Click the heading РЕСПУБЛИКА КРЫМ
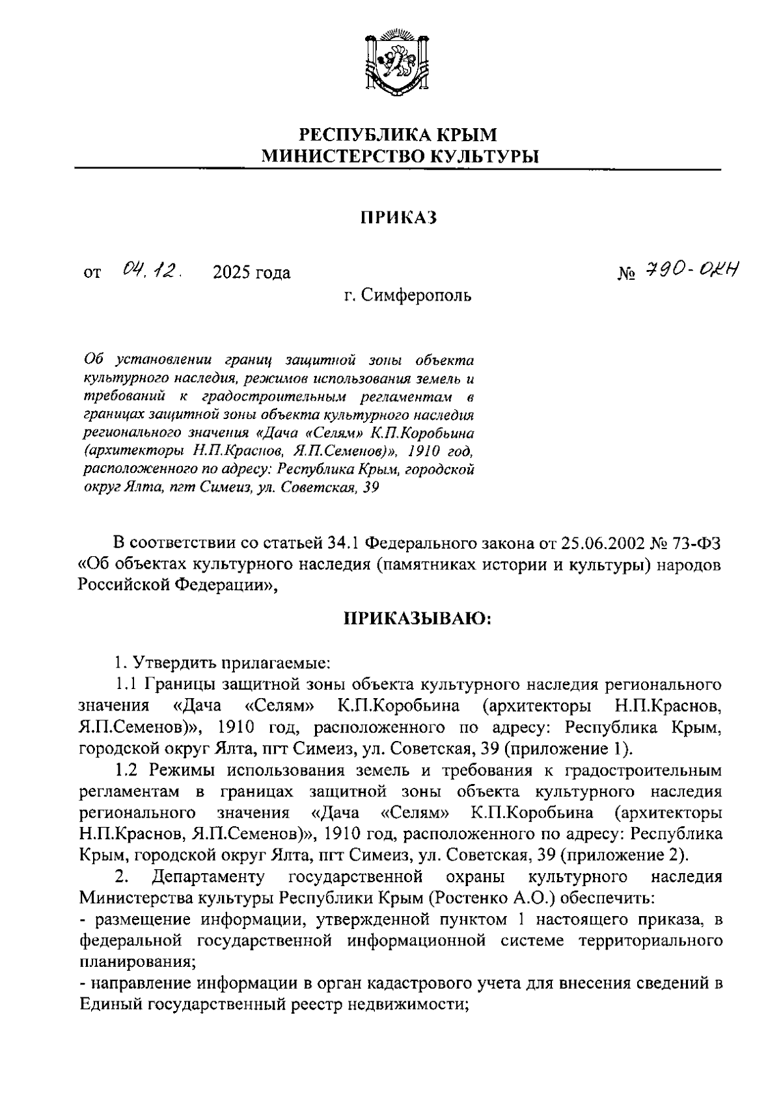[x=398, y=135]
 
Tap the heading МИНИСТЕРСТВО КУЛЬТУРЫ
[x=399, y=156]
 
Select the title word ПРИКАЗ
[x=399, y=218]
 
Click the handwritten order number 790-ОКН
[x=692, y=269]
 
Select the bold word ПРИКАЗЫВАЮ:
[x=418, y=619]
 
